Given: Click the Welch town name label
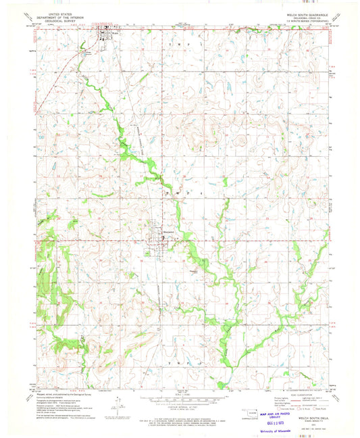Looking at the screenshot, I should (x=115, y=30).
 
